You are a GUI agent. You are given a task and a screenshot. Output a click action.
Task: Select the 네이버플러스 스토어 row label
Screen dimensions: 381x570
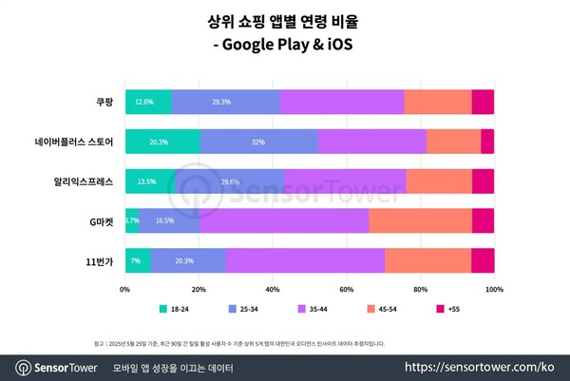click(x=73, y=142)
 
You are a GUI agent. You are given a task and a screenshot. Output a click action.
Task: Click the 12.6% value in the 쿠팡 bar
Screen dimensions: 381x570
click(x=144, y=102)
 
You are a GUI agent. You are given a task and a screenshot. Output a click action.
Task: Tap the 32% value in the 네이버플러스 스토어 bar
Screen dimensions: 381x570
click(x=258, y=142)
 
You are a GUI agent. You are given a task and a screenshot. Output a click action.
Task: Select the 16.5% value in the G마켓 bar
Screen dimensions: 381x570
click(x=164, y=220)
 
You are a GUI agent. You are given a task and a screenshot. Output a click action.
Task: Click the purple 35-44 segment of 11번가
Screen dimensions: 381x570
click(x=305, y=259)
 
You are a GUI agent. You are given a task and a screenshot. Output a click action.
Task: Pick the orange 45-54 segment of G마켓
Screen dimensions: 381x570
click(x=420, y=220)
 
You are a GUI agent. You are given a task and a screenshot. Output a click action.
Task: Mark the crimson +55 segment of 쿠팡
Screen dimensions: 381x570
click(x=483, y=102)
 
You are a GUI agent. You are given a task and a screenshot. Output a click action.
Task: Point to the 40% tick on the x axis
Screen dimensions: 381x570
click(x=272, y=289)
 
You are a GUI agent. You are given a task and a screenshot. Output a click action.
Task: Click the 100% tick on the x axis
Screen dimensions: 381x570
click(x=493, y=289)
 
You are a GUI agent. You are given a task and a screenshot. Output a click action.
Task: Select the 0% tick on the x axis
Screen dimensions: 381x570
click(x=124, y=289)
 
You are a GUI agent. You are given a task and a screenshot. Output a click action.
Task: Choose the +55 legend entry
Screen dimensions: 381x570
click(x=449, y=310)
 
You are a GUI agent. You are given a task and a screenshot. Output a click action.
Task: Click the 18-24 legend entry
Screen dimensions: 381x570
click(x=175, y=310)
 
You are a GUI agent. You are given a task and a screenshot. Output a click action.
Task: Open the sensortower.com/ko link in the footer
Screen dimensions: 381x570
click(x=480, y=366)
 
